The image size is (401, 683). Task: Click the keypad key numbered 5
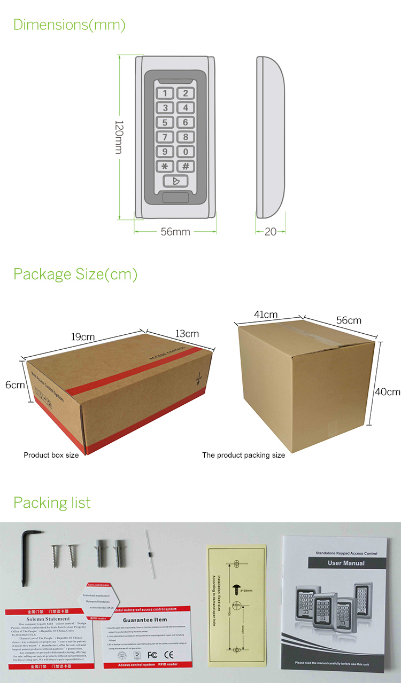165,123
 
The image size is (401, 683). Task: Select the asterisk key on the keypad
165,166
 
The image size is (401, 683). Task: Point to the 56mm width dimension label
175,232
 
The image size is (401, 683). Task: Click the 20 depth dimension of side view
271,232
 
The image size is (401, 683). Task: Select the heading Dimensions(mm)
70,25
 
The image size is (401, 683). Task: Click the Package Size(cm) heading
75,274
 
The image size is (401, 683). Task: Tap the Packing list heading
52,503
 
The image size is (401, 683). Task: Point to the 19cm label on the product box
83,336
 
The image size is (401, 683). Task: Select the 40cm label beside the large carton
387,391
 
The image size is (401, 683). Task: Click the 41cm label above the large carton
266,315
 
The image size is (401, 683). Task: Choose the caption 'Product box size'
51,455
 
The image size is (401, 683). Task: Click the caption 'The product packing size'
243,455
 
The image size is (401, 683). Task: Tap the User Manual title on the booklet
346,563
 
